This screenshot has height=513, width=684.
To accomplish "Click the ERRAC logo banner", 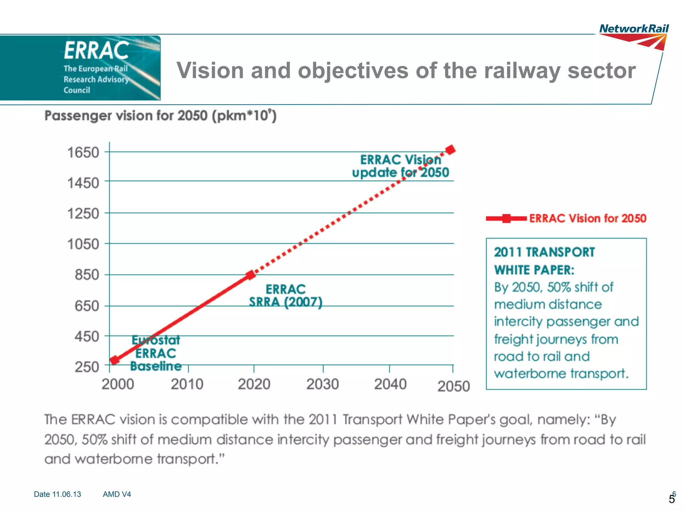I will (80, 68).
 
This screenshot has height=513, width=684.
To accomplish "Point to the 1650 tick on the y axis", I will (83, 152).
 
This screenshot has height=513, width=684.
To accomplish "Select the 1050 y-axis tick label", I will (83, 244).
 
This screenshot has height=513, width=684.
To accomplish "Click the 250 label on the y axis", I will (87, 367).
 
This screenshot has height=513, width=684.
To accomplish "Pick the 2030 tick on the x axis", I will (323, 384).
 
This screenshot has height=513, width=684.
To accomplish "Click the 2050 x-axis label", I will (454, 386).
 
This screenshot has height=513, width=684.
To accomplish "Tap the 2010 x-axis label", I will (187, 384).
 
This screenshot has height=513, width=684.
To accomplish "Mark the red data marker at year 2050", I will (451, 149).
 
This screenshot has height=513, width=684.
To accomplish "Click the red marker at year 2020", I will (250, 275).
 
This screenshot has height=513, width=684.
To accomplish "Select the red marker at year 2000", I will (114, 360).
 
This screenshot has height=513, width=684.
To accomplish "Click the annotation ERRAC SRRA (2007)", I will (286, 296).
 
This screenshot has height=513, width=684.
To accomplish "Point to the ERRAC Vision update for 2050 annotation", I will (400, 166).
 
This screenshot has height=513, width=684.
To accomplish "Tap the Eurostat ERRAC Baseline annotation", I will (156, 353).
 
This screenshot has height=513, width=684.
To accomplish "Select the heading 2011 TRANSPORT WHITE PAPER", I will (544, 261).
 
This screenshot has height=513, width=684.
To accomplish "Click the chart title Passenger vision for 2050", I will (160, 116).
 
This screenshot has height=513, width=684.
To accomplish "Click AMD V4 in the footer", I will (117, 494).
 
